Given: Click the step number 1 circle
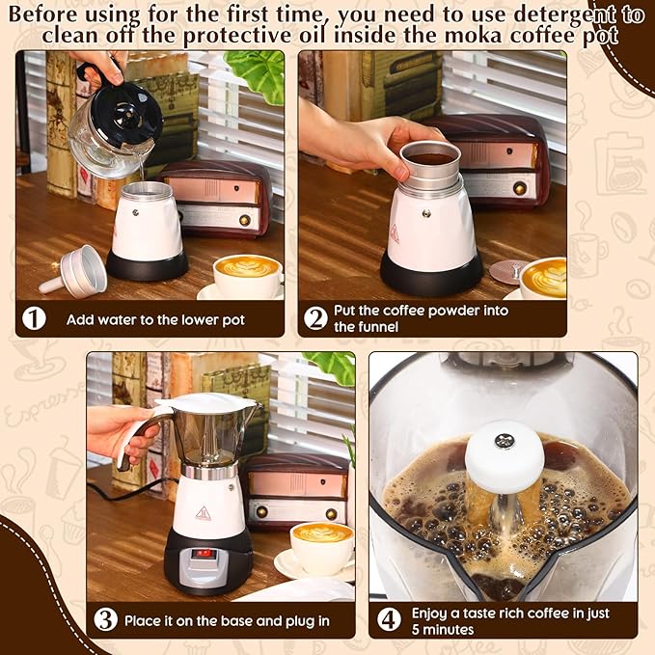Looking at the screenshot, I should point(35,318).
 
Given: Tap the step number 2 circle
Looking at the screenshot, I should point(315,318).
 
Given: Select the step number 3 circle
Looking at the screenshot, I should point(105,620).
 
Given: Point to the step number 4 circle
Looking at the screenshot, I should point(388,620).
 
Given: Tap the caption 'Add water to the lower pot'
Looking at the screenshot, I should point(155,319).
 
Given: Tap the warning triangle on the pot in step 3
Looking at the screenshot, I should point(203,512).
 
